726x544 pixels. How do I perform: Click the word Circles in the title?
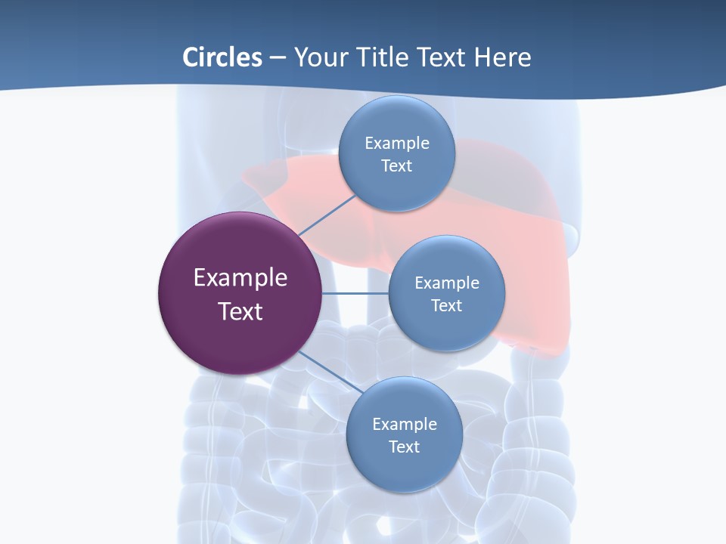click(x=222, y=57)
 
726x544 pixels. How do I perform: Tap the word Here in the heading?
click(x=502, y=57)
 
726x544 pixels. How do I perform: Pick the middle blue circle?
click(x=447, y=332)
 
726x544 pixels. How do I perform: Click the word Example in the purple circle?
click(x=240, y=278)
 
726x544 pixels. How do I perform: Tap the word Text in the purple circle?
click(x=240, y=311)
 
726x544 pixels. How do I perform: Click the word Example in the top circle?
click(x=397, y=144)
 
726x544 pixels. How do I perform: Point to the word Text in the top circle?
click(x=397, y=166)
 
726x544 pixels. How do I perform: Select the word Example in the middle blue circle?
click(x=447, y=283)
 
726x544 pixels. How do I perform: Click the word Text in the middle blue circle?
click(x=447, y=306)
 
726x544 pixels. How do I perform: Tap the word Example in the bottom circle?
click(x=404, y=425)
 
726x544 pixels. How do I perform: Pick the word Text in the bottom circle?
click(x=404, y=447)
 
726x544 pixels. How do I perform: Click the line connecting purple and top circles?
click(x=327, y=215)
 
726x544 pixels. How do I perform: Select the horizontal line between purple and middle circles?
click(x=355, y=293)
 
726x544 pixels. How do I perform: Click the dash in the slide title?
click(x=278, y=58)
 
